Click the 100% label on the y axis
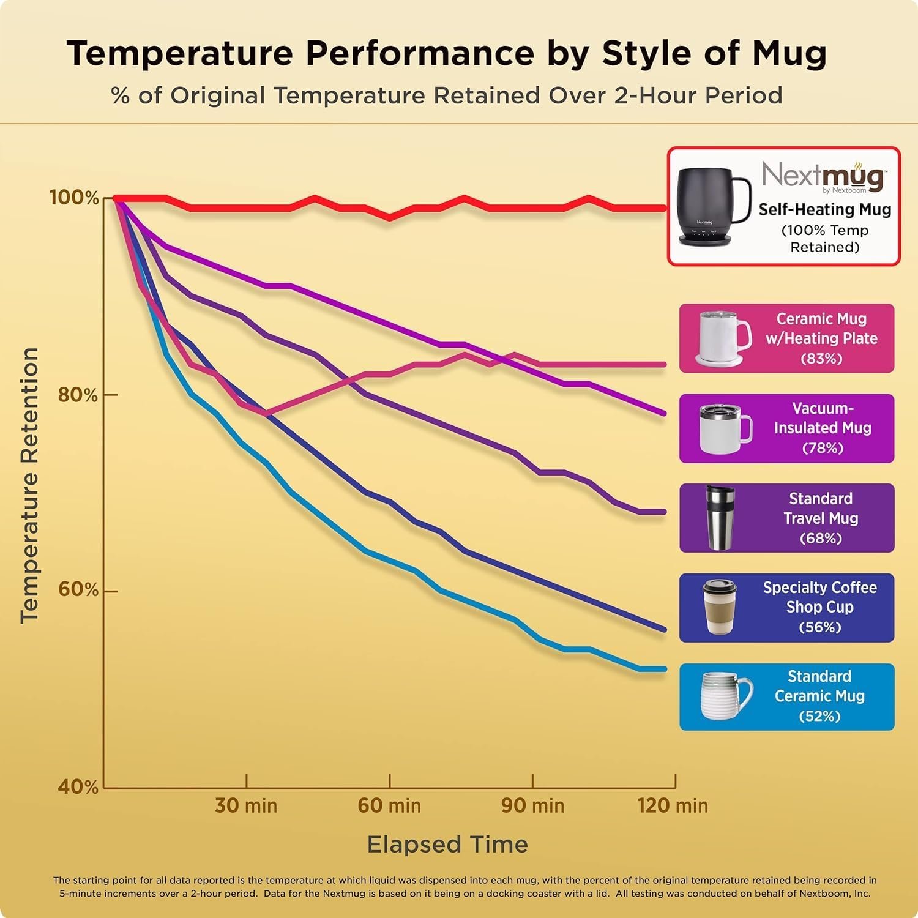coord(73,198)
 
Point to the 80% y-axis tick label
coord(78,395)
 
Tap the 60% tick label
coord(78,589)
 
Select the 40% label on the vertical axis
coord(78,786)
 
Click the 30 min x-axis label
coord(246,805)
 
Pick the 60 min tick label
coord(389,805)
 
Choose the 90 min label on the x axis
coord(532,805)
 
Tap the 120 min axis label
coord(673,805)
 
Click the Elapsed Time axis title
coord(447,845)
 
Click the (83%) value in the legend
coord(821,359)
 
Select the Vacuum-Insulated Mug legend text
coord(823,419)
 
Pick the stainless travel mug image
coord(720,518)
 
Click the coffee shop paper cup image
coord(720,607)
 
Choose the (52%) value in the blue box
coord(819,716)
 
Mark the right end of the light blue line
coord(665,669)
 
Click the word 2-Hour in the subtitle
coord(655,96)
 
